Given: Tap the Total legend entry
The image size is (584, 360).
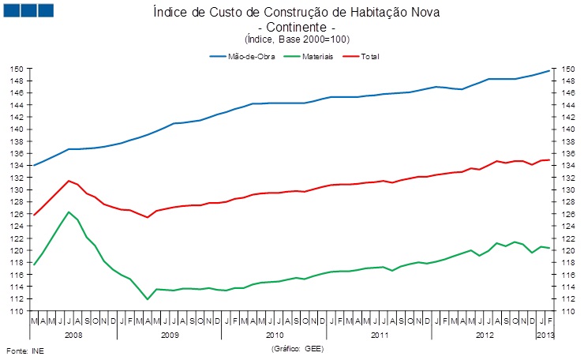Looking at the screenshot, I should [370, 57].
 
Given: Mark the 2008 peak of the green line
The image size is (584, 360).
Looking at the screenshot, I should [69, 212].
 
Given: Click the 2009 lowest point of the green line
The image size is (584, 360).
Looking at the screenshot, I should [148, 299].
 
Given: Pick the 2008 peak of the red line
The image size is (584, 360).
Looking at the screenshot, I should [69, 181].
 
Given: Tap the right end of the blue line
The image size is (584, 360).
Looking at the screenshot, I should [550, 71].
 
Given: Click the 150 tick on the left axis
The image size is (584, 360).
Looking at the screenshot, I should [15, 69].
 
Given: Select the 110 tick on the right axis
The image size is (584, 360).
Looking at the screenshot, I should [567, 311].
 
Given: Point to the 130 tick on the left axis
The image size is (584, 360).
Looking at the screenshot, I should [15, 190].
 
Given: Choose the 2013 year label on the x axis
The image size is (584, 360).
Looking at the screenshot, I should [545, 335].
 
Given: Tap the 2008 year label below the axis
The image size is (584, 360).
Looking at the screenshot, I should [73, 335].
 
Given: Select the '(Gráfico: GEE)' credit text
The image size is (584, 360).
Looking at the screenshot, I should [298, 348].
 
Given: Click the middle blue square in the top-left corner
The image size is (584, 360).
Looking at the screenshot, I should [28, 10].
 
